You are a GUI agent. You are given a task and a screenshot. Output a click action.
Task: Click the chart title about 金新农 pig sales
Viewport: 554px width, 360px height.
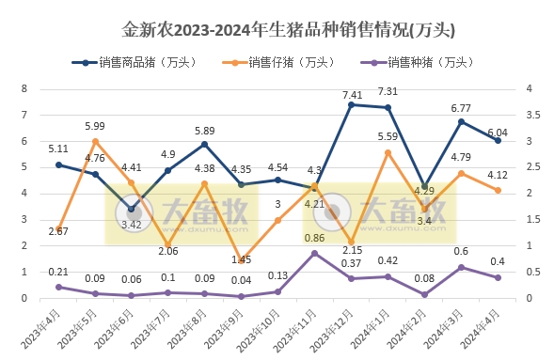(x=277, y=29)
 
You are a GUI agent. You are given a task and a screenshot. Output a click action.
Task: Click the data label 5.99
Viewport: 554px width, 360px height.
(x=94, y=126)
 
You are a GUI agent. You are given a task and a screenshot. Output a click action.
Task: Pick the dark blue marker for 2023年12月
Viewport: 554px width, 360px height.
(x=351, y=104)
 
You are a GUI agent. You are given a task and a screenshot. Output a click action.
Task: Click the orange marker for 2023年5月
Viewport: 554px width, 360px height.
(x=95, y=141)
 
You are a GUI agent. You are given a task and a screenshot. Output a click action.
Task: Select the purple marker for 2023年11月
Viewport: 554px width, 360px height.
(x=314, y=254)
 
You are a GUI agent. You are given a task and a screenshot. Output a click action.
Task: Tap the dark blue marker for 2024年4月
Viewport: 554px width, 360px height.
(x=498, y=140)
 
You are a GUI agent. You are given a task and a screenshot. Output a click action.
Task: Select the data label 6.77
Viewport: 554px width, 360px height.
(x=461, y=109)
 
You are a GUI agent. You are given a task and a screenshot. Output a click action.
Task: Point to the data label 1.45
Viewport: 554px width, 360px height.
(x=241, y=259)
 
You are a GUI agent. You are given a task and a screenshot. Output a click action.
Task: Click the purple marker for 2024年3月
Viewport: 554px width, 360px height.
(x=461, y=267)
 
